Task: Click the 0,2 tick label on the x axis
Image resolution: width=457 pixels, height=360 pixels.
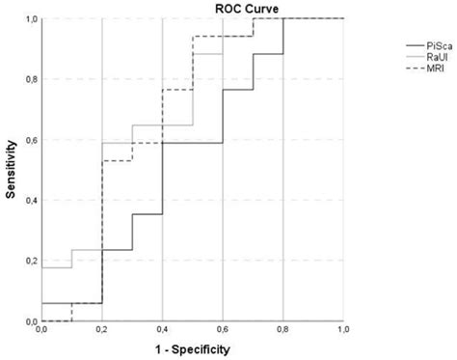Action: [x=101, y=331]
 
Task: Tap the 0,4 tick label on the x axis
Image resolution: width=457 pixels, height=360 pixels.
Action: [x=162, y=331]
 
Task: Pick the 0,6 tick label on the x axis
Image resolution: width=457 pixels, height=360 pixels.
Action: [x=223, y=331]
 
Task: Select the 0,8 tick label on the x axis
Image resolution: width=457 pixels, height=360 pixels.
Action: [x=283, y=331]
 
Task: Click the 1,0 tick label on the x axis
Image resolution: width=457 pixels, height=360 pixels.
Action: [x=343, y=331]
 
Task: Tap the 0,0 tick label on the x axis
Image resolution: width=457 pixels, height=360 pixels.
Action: [x=41, y=331]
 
